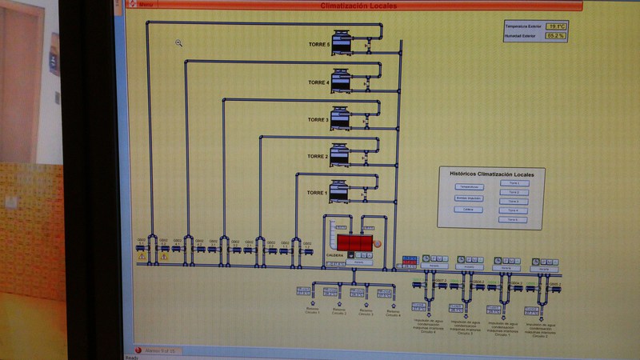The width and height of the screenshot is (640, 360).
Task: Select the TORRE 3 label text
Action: pos(318,119)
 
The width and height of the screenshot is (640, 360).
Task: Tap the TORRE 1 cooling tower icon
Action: pos(342,190)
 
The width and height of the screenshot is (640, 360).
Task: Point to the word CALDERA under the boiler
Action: pos(335,256)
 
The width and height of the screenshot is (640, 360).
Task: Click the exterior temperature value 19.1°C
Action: pos(557,26)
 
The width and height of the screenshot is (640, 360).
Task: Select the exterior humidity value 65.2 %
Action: pos(557,35)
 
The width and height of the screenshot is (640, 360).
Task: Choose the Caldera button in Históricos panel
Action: pos(468,209)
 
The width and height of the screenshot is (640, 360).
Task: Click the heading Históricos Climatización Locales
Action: pos(491,173)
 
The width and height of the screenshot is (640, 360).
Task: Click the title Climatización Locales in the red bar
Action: pos(353,6)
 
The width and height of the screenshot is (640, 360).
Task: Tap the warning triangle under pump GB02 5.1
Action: pos(142,257)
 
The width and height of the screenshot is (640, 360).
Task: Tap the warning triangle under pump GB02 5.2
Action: pos(163,257)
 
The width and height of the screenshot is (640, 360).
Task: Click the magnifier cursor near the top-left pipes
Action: pos(179,43)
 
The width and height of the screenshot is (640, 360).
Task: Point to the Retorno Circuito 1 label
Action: pos(312,310)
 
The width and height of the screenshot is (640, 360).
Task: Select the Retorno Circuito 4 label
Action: pos(392,312)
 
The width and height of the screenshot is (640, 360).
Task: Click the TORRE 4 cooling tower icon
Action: pos(342,79)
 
